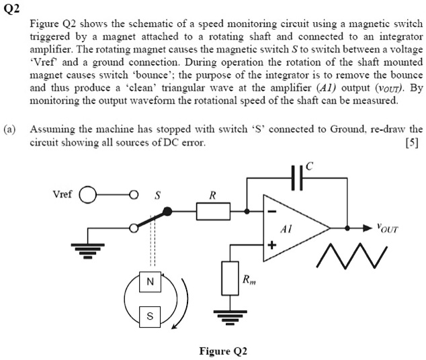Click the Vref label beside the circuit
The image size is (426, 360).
[63, 195]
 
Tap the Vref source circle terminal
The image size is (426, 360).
[88, 196]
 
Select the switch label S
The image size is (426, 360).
[158, 196]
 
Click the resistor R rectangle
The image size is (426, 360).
[213, 212]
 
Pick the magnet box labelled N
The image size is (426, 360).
[150, 282]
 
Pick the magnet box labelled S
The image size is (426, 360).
[150, 314]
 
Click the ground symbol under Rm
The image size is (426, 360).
[230, 314]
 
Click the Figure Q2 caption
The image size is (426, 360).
[223, 351]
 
